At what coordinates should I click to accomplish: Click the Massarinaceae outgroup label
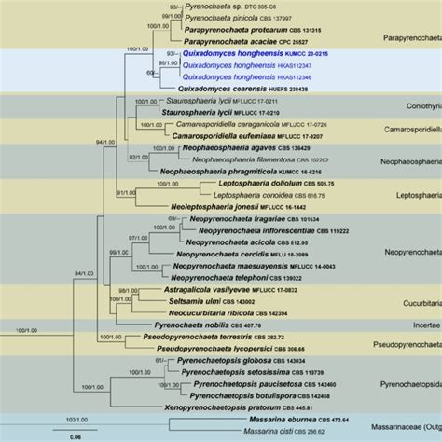tap(410, 420)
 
